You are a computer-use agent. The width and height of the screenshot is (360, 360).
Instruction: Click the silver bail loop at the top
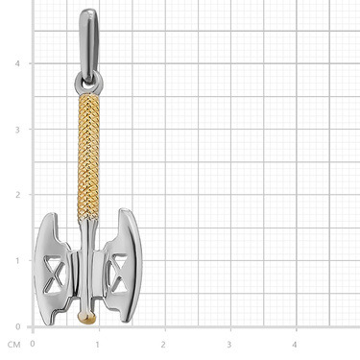88,45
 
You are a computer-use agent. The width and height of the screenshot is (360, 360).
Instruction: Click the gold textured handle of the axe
88,157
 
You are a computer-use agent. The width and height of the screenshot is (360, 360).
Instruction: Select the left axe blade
53,270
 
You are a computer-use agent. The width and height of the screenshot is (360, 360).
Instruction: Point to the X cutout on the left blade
55,275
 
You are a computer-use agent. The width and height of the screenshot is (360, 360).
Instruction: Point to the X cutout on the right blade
118,273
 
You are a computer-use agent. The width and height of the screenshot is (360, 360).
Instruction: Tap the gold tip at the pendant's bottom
86,318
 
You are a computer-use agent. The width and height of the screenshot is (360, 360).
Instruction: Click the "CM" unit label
13,345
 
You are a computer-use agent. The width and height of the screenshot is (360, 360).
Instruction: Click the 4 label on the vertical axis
17,63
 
